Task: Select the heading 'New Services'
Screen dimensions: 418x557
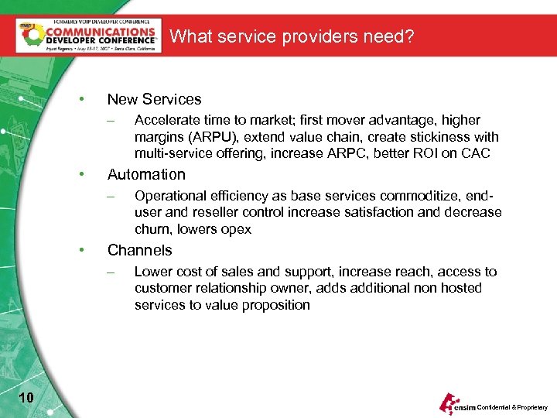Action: [154, 99]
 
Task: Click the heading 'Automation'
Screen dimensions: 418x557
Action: [146, 175]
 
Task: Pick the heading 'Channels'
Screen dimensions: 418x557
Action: [139, 250]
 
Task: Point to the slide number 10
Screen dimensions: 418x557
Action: [26, 398]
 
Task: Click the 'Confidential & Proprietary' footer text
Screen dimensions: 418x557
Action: [511, 407]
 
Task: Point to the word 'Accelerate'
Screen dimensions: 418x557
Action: [166, 120]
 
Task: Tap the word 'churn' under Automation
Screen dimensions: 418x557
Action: [152, 229]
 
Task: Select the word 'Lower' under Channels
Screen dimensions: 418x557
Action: [152, 272]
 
